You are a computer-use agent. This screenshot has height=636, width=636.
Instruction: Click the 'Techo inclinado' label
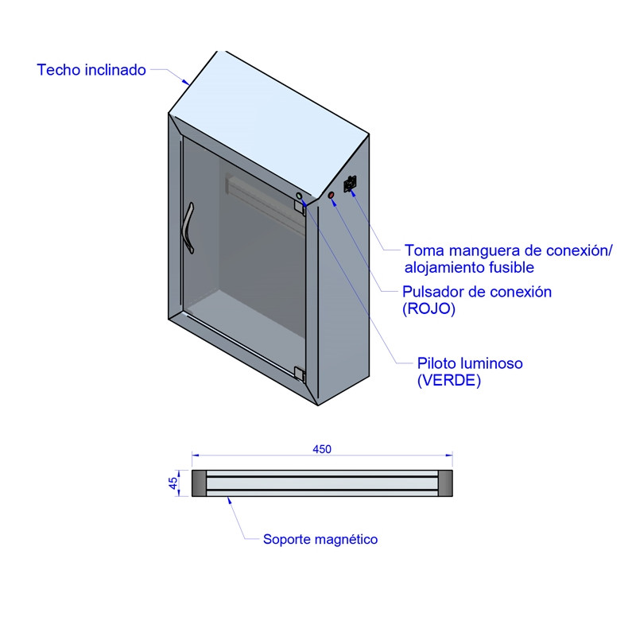(91, 70)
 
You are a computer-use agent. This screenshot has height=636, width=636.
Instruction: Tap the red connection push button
(332, 196)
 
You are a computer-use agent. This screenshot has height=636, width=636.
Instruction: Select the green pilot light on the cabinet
(300, 196)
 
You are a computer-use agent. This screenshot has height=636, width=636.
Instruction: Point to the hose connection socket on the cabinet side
(350, 184)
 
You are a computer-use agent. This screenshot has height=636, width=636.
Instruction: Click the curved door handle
(189, 228)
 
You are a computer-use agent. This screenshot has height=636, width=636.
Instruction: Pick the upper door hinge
(300, 206)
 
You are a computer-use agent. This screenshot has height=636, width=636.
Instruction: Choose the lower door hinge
(300, 374)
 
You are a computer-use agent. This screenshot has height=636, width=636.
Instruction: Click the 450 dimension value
(322, 449)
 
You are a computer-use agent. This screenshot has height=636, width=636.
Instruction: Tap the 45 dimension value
(173, 483)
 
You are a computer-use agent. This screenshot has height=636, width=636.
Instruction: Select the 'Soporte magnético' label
(320, 539)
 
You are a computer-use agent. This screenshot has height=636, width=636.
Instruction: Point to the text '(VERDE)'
(449, 381)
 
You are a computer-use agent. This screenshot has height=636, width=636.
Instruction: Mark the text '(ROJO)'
(429, 308)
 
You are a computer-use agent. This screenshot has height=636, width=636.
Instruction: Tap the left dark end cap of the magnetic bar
(199, 483)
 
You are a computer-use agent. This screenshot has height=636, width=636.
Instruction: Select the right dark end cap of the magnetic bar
(445, 483)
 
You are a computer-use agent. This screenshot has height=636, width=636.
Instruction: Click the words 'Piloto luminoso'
(470, 363)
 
